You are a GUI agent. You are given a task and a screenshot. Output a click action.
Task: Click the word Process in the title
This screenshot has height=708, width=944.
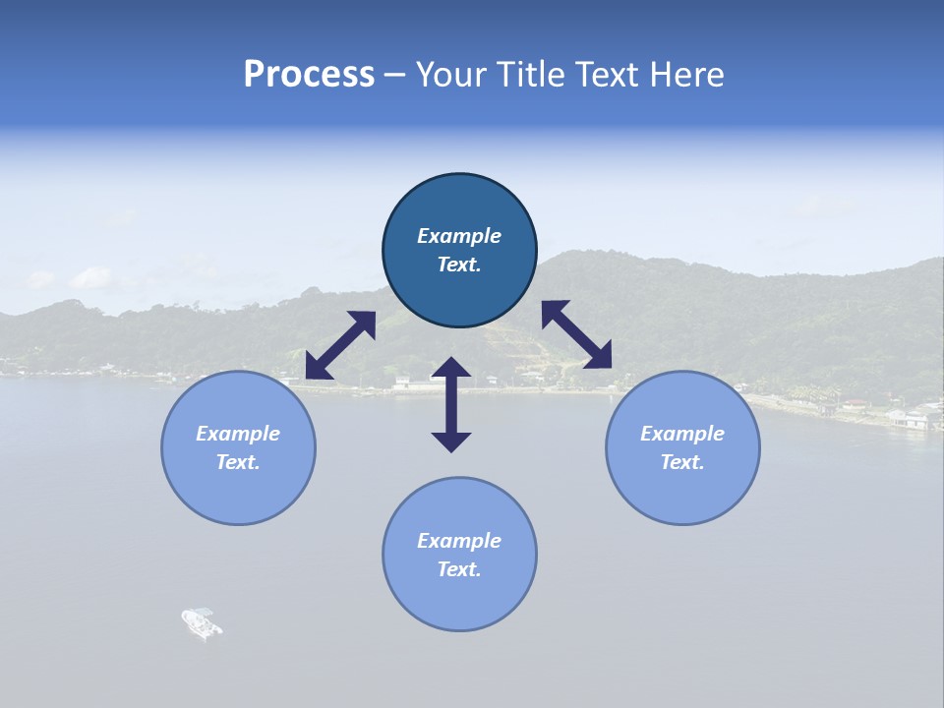[309, 75]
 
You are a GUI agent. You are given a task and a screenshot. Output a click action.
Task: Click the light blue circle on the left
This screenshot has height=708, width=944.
[238, 447]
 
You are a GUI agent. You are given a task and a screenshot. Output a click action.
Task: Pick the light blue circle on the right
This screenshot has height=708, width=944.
[682, 447]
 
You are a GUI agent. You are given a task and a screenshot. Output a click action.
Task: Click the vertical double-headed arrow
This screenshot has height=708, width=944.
[451, 404]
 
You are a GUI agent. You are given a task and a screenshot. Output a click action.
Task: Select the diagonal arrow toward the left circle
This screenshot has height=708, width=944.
[340, 345]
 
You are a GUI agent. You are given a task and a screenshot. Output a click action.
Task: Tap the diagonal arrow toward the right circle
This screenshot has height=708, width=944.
[576, 334]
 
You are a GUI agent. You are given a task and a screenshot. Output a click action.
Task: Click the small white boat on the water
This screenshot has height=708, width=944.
[202, 622]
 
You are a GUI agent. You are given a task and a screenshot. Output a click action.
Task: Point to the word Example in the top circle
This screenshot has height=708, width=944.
[459, 236]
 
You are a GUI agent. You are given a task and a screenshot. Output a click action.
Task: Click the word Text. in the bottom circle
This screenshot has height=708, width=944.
[459, 569]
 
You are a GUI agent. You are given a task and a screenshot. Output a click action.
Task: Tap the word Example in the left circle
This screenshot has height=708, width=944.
[238, 434]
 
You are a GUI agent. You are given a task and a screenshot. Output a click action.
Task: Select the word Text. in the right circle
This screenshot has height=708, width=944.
[682, 462]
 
